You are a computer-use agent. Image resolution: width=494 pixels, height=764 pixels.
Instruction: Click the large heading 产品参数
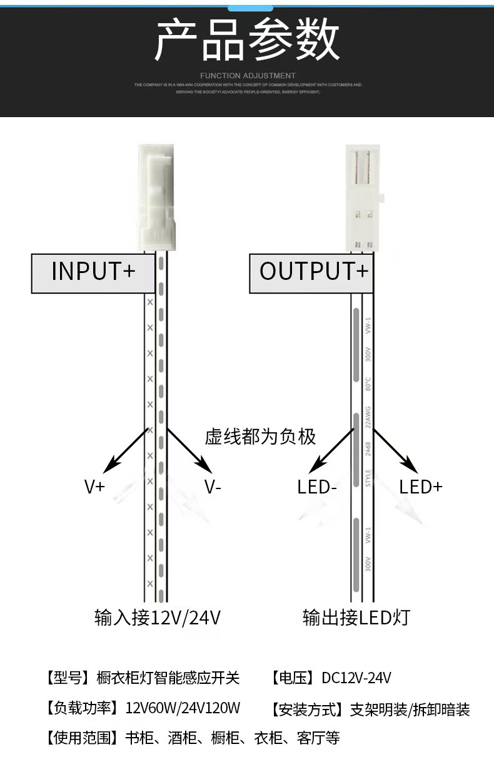point(247,39)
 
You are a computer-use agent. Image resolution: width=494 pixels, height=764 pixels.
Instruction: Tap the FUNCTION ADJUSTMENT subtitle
point(248,76)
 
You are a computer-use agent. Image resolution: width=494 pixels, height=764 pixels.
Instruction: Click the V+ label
point(94,487)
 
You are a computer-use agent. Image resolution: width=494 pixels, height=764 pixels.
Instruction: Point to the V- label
point(213,487)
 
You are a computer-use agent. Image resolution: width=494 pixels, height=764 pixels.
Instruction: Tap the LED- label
point(317,487)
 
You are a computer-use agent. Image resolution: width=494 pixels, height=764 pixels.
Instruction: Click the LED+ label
point(421,487)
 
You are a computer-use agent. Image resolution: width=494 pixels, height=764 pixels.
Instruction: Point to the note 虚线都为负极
point(261,436)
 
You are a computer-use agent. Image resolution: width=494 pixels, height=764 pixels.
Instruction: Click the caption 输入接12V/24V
point(158,618)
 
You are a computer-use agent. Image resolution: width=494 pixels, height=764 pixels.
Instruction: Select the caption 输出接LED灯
point(356,618)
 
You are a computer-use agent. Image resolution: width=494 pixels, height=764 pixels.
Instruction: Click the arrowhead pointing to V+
point(111,465)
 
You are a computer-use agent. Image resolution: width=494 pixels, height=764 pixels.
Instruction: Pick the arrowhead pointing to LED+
point(410,465)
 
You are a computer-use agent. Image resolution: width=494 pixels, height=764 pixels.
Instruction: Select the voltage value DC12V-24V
point(356,678)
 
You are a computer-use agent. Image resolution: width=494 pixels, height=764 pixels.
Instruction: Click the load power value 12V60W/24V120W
point(183,708)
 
